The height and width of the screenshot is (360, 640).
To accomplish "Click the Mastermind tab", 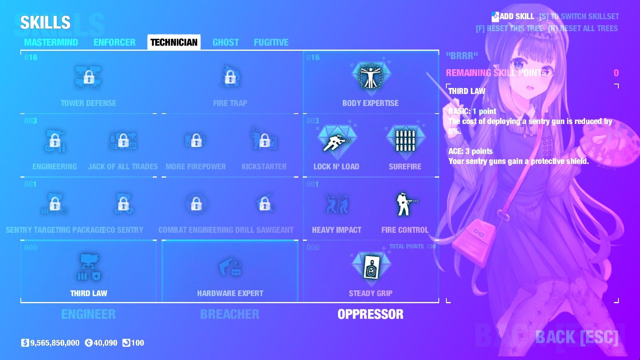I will (51, 42).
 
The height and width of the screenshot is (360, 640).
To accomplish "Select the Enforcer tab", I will (114, 42).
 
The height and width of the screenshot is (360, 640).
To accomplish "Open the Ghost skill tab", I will (226, 42).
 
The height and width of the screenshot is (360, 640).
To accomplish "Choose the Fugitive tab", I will (271, 42).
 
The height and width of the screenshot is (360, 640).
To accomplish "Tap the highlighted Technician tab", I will (174, 42).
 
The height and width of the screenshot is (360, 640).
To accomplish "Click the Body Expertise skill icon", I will (371, 76).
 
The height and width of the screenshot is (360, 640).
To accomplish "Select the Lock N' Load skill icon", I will (336, 141).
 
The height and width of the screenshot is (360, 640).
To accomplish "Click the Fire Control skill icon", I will (405, 204).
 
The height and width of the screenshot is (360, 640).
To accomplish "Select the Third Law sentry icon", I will (88, 267).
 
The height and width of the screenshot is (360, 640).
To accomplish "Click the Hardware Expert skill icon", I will (230, 267).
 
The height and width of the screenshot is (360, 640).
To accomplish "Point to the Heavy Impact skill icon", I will (337, 204).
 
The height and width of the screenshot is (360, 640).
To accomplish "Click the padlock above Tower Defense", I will (88, 77).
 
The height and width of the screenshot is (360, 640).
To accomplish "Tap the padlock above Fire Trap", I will (230, 77).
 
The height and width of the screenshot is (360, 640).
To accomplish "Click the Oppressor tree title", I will (370, 314).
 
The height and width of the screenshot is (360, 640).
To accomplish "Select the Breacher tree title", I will (230, 314).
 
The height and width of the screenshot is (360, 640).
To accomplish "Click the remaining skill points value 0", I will (616, 73).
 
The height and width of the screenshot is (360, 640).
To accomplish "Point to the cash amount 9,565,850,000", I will (55, 343).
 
